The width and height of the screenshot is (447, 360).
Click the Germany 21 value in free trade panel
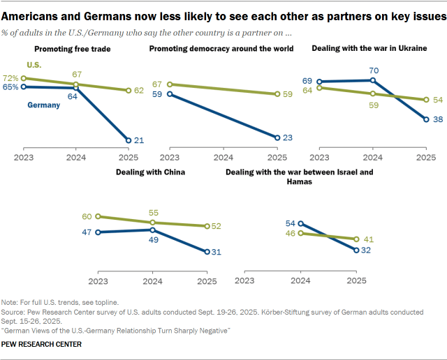point(139,140)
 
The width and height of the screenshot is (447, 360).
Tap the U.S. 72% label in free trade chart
point(10,78)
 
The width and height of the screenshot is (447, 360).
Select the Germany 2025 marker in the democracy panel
point(277,137)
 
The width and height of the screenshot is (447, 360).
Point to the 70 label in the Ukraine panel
point(373,70)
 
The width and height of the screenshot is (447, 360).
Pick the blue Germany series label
point(43,105)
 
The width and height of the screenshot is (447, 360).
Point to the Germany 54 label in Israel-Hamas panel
point(290,223)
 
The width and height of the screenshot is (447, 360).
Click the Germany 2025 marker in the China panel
point(207,252)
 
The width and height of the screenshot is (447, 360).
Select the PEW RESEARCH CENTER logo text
point(42,344)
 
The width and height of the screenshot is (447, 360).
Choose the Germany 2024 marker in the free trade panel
point(77,88)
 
